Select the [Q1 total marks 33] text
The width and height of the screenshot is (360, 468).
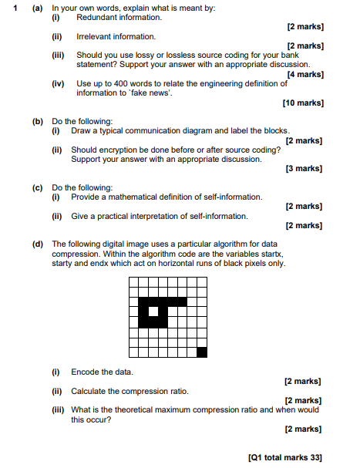pos(285,457)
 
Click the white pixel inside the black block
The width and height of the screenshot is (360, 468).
pos(153,311)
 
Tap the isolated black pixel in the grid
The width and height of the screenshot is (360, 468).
pos(202,352)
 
